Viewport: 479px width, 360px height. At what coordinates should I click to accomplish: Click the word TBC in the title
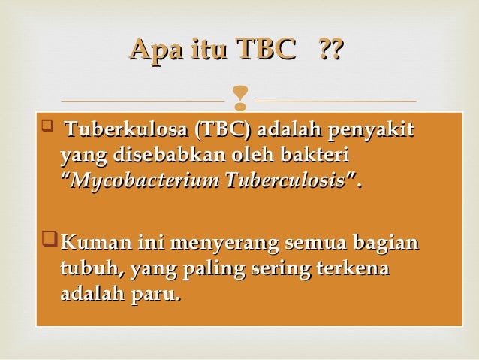[x=265, y=50]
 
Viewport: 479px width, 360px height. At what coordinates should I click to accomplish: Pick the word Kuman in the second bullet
[x=87, y=243]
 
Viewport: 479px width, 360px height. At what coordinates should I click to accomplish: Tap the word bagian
[x=381, y=243]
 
